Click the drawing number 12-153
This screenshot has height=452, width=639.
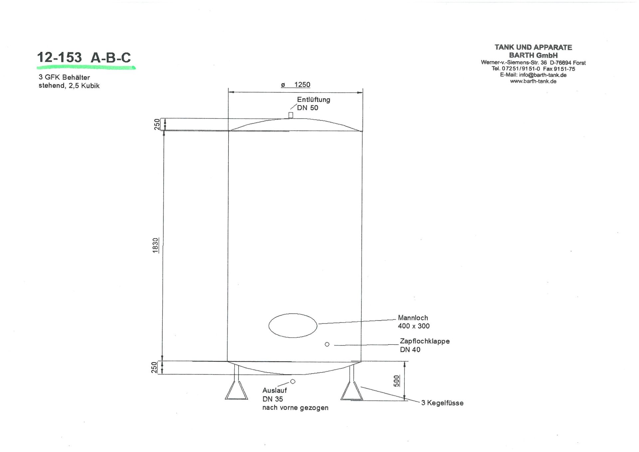[59, 58]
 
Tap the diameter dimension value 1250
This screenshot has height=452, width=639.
[302, 85]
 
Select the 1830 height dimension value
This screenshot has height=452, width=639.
[155, 245]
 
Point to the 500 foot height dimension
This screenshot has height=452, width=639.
[396, 381]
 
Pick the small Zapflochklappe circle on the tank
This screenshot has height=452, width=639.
[327, 344]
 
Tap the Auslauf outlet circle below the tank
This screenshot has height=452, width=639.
[293, 381]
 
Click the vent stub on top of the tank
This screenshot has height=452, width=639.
[291, 115]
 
